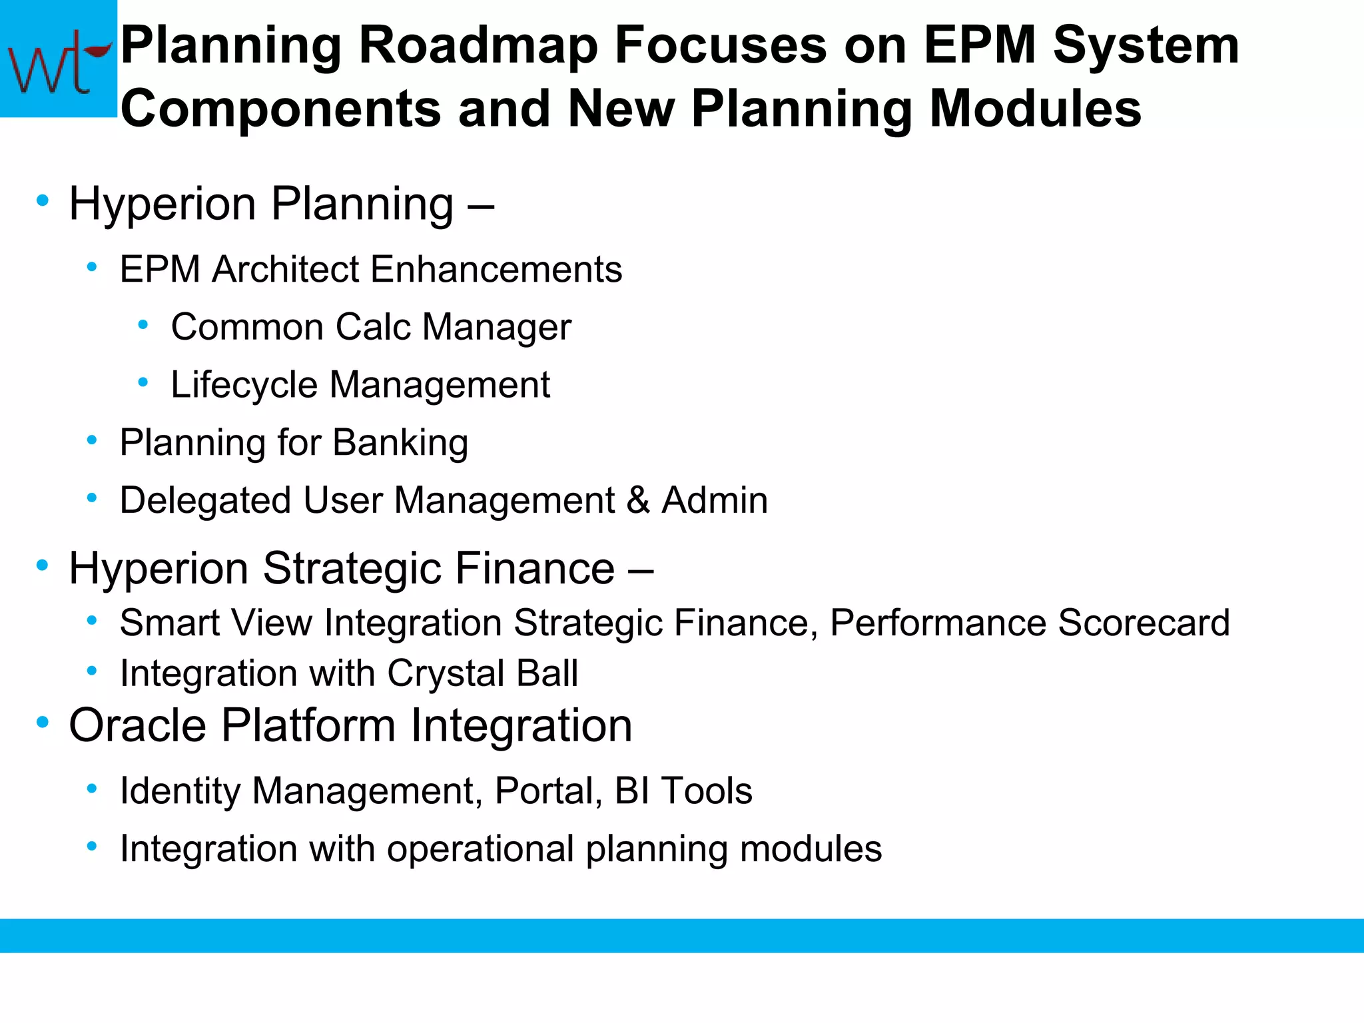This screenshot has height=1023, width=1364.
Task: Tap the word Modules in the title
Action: point(1035,109)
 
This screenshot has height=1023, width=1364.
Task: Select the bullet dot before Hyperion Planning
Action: point(43,200)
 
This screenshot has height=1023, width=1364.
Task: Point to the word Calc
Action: point(372,327)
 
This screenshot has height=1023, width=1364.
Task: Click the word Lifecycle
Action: point(244,385)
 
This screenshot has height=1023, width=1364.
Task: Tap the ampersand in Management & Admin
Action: point(638,500)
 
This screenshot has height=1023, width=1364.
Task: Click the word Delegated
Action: point(205,500)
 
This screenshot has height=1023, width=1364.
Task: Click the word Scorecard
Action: point(1143,623)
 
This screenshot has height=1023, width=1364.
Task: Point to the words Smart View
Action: point(216,623)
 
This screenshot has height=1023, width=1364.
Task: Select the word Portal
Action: point(544,791)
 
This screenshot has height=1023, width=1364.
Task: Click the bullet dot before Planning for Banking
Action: point(93,440)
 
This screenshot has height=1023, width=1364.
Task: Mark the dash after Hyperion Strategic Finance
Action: point(640,570)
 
